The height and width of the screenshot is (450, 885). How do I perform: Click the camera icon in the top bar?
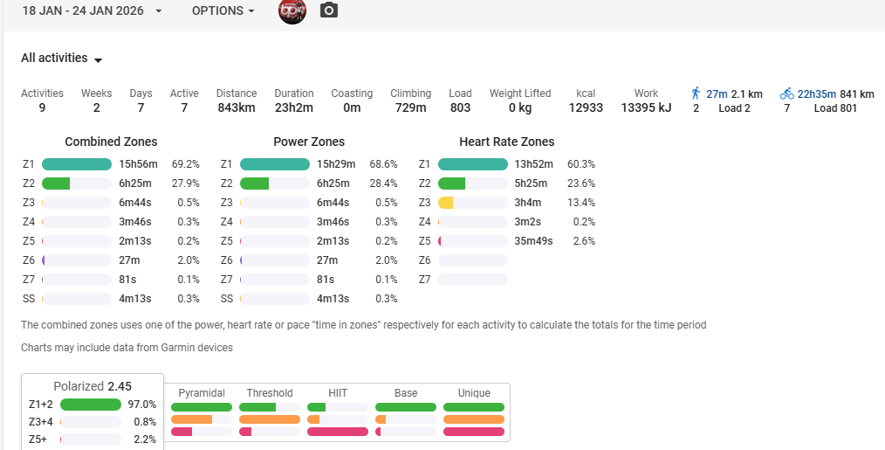click(x=328, y=10)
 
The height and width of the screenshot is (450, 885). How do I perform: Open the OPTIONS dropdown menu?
click(x=223, y=11)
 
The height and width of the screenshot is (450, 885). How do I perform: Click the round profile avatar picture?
click(x=292, y=10)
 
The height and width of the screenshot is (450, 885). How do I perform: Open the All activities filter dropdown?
click(x=62, y=59)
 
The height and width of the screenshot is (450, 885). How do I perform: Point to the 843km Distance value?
click(x=237, y=108)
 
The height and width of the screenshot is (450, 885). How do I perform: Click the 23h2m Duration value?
click(x=294, y=108)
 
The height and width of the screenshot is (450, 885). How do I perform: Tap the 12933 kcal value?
click(x=586, y=108)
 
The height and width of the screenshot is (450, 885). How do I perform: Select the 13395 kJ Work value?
click(x=646, y=108)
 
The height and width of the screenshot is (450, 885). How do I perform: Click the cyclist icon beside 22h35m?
click(x=787, y=93)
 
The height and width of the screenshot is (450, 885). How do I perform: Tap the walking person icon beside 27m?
click(x=696, y=93)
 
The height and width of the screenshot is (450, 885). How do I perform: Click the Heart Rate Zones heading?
click(x=506, y=142)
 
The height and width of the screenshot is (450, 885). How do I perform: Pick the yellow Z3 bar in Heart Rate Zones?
click(x=446, y=203)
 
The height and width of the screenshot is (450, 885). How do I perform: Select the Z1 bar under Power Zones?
click(x=275, y=164)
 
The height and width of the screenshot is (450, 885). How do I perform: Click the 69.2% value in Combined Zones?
click(x=186, y=164)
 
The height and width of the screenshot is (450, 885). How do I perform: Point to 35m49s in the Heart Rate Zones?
click(x=534, y=241)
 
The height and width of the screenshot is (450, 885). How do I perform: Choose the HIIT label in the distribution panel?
click(x=338, y=393)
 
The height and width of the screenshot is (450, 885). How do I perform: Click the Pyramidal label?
click(x=202, y=393)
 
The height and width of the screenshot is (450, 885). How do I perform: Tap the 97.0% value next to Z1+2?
click(x=142, y=405)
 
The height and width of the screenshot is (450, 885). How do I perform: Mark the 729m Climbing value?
click(x=410, y=108)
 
